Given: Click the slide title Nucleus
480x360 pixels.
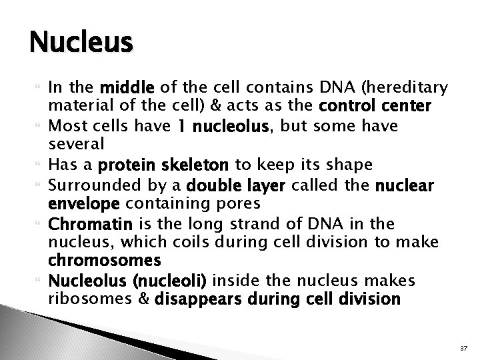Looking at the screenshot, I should (81, 43).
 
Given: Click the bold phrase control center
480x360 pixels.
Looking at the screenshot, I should (375, 106).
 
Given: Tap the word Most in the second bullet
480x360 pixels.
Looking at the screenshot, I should (64, 126).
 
